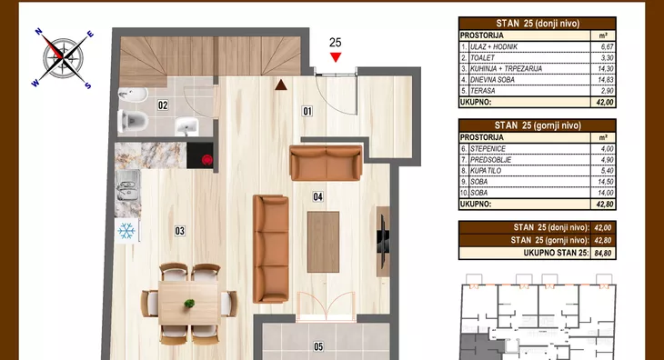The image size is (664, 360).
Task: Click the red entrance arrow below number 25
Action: point(336,57)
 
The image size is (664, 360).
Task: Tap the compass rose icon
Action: point(63,58)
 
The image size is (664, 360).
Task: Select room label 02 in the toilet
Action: point(163,105)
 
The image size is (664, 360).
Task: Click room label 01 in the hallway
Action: point(307,111)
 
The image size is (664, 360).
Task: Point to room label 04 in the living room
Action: point(317,196)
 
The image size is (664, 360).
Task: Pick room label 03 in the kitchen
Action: point(179,231)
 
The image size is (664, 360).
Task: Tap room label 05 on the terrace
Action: point(318,347)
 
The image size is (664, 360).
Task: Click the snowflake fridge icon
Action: point(126,231)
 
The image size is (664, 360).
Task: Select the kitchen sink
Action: point(128,185)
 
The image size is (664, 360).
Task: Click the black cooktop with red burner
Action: point(200,155)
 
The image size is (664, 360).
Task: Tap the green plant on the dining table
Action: point(189,303)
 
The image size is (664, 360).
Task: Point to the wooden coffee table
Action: point(323,242)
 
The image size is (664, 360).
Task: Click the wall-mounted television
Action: point(381,242)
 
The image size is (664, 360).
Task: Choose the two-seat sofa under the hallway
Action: point(326,163)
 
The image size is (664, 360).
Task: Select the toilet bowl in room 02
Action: point(133,121)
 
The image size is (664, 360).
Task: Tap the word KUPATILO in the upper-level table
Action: point(486,171)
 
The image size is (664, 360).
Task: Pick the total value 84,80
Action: point(602,253)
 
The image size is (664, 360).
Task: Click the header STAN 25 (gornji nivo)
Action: point(538,125)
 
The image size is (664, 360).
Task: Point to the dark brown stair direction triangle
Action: point(281,85)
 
